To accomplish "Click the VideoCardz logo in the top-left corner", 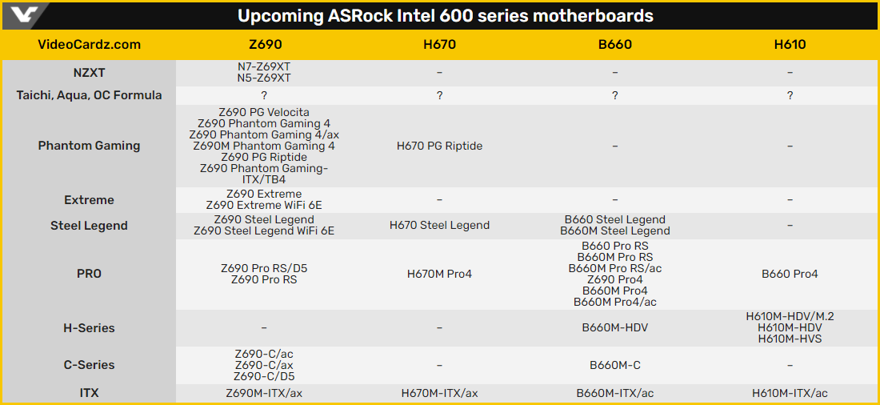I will (24, 15).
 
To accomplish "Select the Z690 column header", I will (264, 44).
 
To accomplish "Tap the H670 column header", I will (439, 44).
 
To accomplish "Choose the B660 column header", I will (614, 44).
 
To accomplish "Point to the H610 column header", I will (790, 44).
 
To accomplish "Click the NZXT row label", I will (89, 73).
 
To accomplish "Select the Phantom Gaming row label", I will (89, 146).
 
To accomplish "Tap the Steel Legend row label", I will (89, 226).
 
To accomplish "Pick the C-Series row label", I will (89, 365).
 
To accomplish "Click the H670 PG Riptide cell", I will (439, 146).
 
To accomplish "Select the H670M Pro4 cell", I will (439, 274).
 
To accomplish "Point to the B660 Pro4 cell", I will (790, 274).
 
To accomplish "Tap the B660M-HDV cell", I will (614, 328).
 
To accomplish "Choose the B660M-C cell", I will (614, 365).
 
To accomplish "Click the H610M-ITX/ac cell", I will (790, 393).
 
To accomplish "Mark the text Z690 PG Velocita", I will (264, 112).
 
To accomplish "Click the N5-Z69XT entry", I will (264, 78).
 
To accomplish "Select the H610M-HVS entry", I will (790, 339).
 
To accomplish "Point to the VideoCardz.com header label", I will (89, 44).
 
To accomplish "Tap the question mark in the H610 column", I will (790, 95).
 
